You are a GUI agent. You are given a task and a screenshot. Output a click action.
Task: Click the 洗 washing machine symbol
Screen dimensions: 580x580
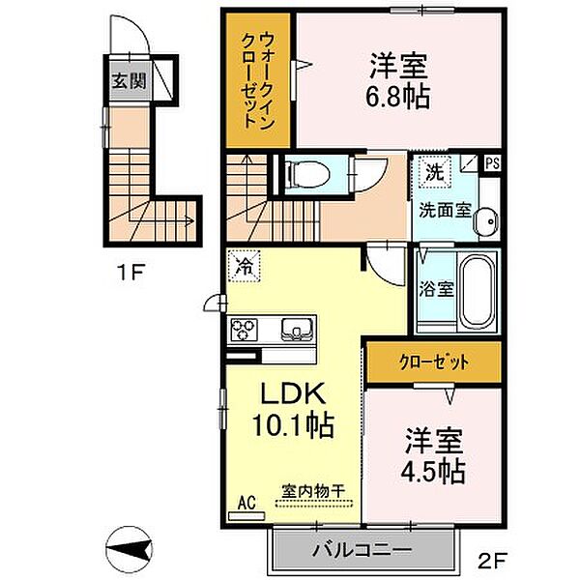point(433,174)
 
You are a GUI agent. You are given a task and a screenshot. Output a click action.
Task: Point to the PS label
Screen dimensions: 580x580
point(493,162)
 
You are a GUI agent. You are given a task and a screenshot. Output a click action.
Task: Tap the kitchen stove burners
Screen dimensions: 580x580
point(246,330)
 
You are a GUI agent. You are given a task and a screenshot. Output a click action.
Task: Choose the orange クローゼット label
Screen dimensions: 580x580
point(433,362)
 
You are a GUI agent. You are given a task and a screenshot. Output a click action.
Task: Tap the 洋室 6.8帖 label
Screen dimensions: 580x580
point(398,82)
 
